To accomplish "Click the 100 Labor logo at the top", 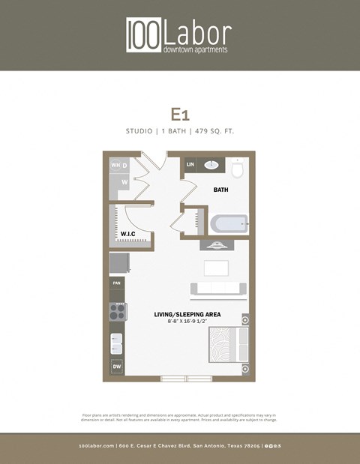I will coord(178,35).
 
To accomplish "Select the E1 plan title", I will coord(179,114).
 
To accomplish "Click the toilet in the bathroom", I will coord(238,169).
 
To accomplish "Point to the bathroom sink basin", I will coord(211,165).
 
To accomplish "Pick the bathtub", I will coord(229,223).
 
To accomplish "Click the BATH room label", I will coord(220,190).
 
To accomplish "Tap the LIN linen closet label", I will coord(190,164).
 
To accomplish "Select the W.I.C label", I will coord(127,234).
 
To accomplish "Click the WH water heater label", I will coord(115,165).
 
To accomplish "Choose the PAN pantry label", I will coord(116,283).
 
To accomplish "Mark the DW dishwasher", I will coord(117,367).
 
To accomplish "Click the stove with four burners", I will coord(118,311).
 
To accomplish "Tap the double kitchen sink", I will coord(117,343).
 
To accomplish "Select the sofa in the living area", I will coord(217,288).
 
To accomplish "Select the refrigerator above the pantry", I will coord(118,263).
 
